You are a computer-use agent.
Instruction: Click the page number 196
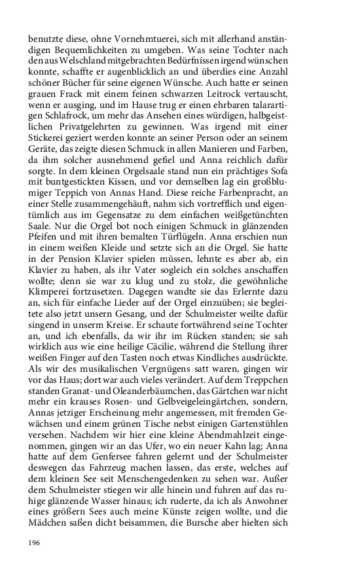[x=35, y=543]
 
